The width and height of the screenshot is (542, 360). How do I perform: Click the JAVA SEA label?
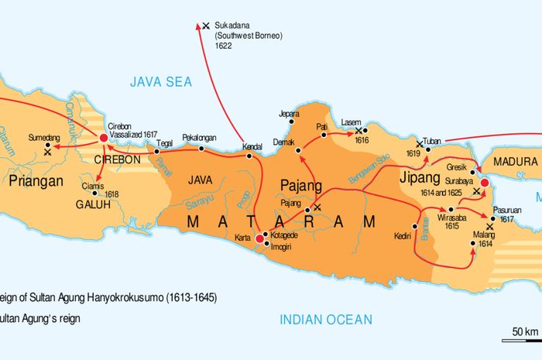coord(160,81)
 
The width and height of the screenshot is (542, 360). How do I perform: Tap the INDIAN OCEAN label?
coord(325,319)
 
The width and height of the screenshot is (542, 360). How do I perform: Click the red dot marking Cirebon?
coord(103,138)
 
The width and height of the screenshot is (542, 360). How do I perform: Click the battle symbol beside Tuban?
coord(419,143)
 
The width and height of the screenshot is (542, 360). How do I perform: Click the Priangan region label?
coord(37,183)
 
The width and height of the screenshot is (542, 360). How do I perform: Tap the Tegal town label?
coord(164,142)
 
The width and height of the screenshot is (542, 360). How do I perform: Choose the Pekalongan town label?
coord(198,138)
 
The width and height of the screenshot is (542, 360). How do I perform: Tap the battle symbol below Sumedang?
coord(48,153)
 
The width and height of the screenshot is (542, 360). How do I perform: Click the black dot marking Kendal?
coord(249,156)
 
